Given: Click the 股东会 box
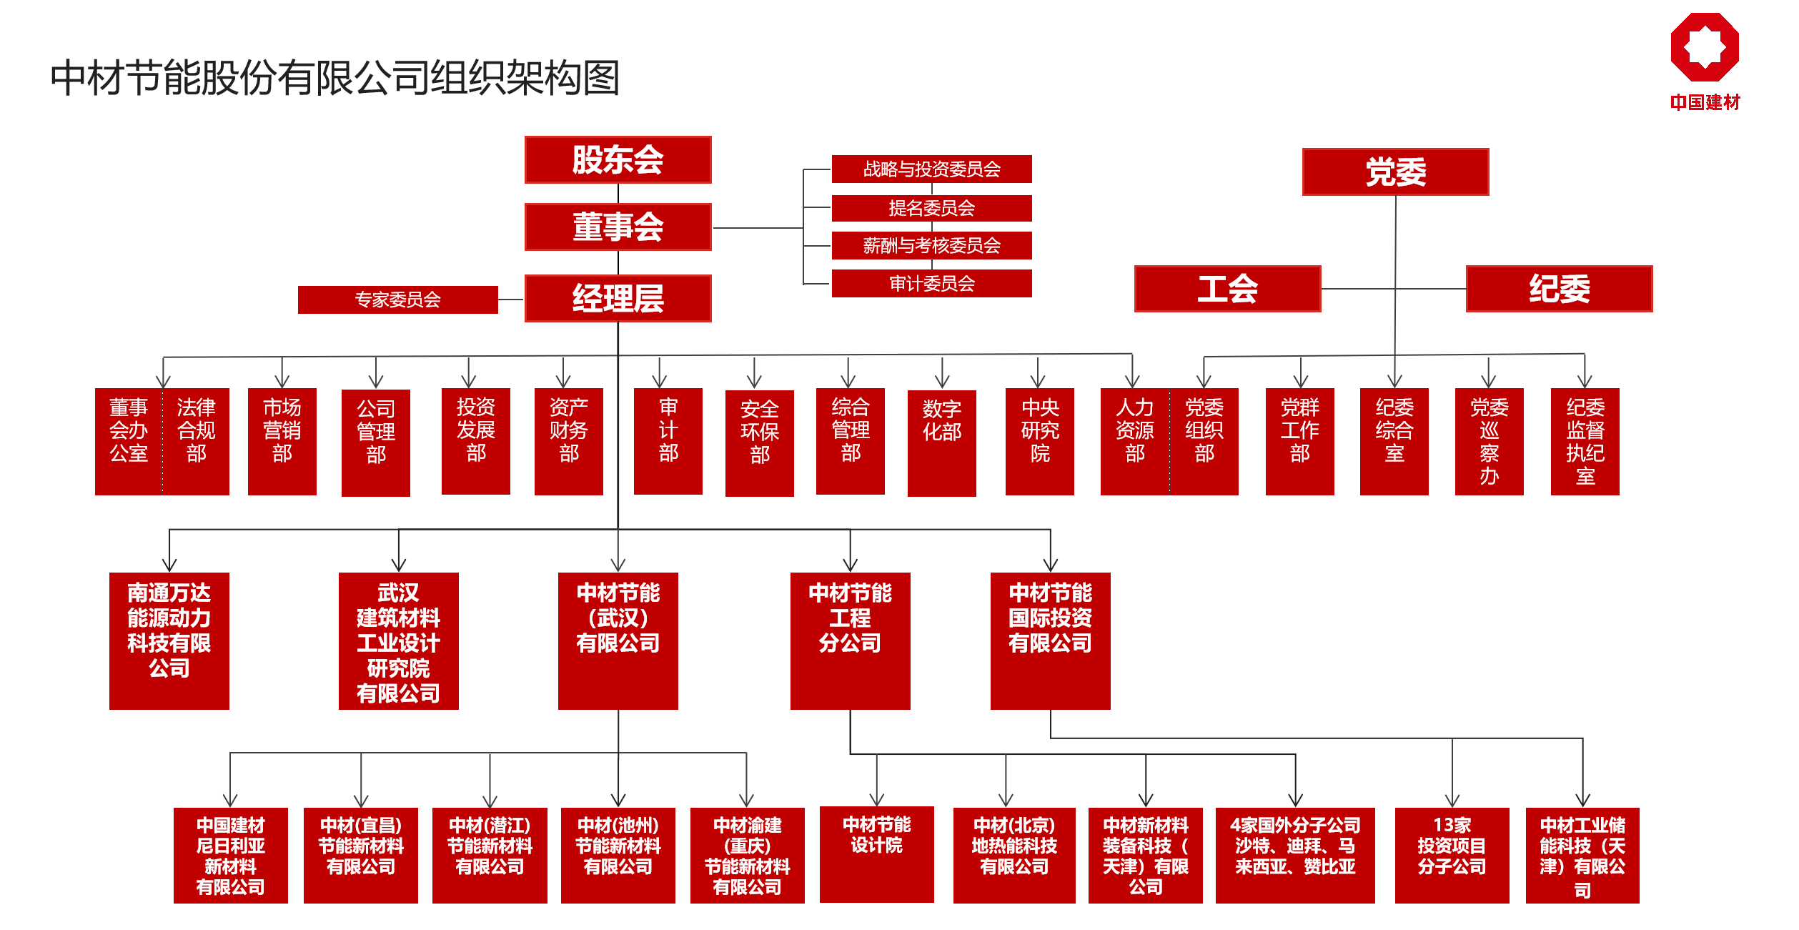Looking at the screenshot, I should pos(618,159).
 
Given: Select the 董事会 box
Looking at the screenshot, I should pos(618,227).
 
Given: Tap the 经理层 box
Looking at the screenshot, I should pos(618,298).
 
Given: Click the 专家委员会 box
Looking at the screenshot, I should pos(397,300).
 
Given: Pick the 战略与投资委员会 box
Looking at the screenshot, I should pos(931,169).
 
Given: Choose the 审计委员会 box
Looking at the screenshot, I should pos(931,283).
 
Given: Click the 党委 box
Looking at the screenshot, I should pos(1395,172).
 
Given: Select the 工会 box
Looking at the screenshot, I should pos(1227,289).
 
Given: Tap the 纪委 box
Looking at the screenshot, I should pos(1559,289).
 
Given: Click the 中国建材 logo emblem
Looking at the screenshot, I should pos(1705,47).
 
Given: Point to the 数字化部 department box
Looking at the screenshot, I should pos(941,442).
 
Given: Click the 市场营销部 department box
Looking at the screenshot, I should pos(282,441).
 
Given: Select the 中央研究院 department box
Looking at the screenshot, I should pos(1039,441).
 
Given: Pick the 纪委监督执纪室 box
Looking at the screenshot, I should pos(1585,441).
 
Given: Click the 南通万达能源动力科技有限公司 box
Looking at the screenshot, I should pos(169,640).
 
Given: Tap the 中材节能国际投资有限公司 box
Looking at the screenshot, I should pos(1050,640).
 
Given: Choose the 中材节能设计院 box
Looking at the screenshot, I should pos(876,854).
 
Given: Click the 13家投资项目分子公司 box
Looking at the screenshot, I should pos(1452,855).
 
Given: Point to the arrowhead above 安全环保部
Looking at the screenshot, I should pos(754,382).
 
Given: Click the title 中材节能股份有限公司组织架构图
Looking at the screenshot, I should pos(334,78).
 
